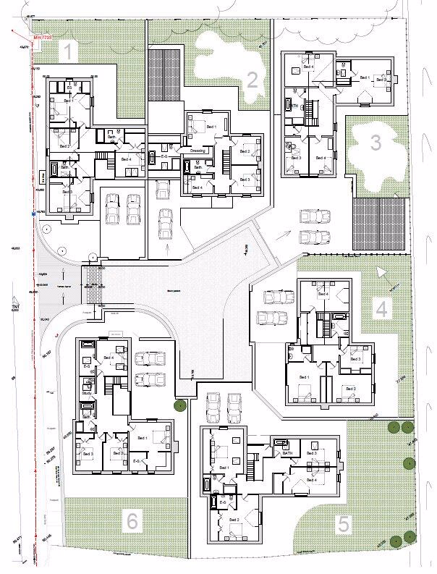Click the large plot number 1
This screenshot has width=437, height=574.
tap(67, 51)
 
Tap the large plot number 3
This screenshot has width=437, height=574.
tap(375, 143)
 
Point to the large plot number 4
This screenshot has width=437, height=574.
tap(381, 309)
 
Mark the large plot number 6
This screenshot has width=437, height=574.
tap(131, 520)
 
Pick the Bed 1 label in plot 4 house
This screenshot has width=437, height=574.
tap(302, 377)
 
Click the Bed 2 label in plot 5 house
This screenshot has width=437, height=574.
tap(234, 520)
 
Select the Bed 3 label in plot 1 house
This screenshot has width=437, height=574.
tap(67, 193)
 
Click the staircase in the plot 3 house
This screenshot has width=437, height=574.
tap(313, 111)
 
